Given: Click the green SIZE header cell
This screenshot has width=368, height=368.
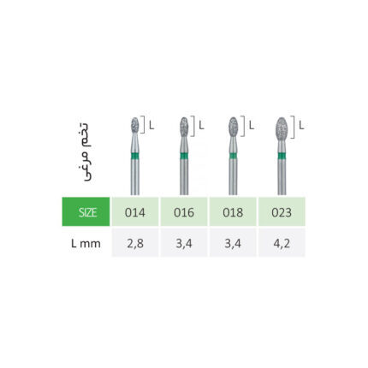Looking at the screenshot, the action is (86, 211).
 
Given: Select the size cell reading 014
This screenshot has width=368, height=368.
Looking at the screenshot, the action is (135, 211).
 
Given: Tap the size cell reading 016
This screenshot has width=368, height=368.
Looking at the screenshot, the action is (184, 211).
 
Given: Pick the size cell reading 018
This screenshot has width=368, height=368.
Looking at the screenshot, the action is (233, 211).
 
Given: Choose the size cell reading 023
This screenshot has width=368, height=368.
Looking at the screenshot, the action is (282, 211).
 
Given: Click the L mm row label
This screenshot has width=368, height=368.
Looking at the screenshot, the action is (86, 244).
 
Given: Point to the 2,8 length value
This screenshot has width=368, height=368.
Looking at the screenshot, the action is (135, 244).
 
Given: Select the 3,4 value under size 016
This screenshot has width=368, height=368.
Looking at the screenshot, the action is (184, 244).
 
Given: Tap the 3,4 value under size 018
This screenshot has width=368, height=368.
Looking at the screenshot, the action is (233, 244).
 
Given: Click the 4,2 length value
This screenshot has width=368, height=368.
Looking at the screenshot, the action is (282, 244).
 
